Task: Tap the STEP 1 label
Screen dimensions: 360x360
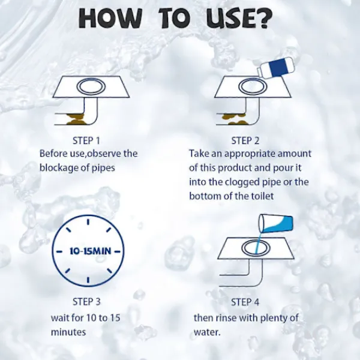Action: pos(86,140)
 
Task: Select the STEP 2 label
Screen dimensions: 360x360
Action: pos(245,140)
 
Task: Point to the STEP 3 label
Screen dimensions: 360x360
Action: pos(86,302)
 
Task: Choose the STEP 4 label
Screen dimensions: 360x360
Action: pos(245,302)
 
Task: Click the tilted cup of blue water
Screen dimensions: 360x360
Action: pos(276,224)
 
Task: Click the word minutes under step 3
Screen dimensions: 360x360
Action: pos(68,332)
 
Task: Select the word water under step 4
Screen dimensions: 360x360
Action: pos(207,332)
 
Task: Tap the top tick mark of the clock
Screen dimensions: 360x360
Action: pos(88,222)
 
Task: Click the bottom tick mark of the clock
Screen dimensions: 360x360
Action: pos(88,280)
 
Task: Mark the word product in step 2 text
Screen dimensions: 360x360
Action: pos(235,168)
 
